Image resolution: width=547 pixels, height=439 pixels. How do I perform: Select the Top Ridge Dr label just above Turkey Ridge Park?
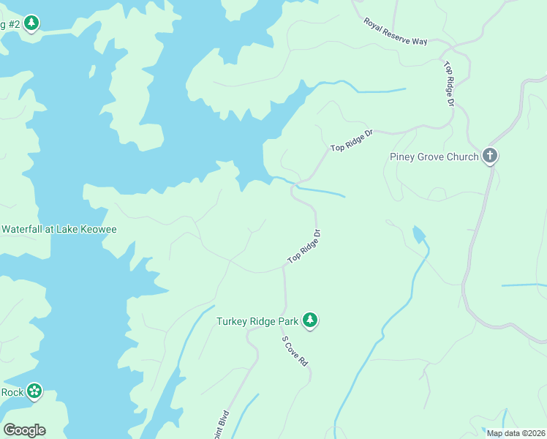click(x=303, y=247)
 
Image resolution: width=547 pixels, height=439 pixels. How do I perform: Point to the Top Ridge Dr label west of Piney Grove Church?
click(x=352, y=140)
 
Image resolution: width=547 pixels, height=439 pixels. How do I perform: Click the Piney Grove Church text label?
click(x=434, y=157)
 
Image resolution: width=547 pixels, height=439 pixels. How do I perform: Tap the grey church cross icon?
click(x=490, y=156)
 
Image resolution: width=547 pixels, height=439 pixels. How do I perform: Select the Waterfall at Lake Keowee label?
click(x=59, y=229)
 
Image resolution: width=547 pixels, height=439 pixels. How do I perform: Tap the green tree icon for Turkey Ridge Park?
click(x=311, y=320)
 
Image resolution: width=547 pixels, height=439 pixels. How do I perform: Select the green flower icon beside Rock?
click(x=34, y=391)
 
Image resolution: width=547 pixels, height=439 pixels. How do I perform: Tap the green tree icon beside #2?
click(x=31, y=24)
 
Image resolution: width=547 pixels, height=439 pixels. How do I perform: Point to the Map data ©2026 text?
click(x=515, y=433)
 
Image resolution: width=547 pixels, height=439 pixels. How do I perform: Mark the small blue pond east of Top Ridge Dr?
click(x=418, y=235)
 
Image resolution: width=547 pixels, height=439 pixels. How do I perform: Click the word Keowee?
click(x=99, y=229)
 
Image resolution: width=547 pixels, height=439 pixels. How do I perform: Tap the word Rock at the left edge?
click(x=12, y=392)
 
